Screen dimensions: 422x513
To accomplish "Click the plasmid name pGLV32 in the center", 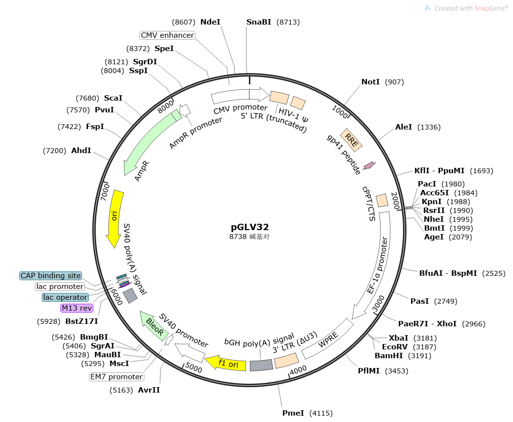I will pyautogui.click(x=250, y=227).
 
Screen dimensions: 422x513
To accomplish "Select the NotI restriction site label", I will pyautogui.click(x=371, y=82).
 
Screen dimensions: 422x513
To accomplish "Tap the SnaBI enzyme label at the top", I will pyautogui.click(x=259, y=22).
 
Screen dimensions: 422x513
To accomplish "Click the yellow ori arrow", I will pyautogui.click(x=115, y=218).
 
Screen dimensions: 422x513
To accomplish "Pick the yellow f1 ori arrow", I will pyautogui.click(x=225, y=364).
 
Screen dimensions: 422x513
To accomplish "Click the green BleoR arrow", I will pyautogui.click(x=154, y=325).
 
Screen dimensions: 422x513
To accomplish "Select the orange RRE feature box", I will pyautogui.click(x=351, y=140).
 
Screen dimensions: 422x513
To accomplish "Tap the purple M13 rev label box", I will pyautogui.click(x=76, y=308).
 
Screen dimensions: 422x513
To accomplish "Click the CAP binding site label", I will pyautogui.click(x=51, y=276).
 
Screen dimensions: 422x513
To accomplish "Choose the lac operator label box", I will pyautogui.click(x=65, y=297).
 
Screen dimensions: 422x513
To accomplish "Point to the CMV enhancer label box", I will pyautogui.click(x=167, y=35).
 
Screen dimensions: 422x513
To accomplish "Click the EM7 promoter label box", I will pyautogui.click(x=116, y=377).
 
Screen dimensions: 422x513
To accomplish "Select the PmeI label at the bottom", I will pyautogui.click(x=294, y=413).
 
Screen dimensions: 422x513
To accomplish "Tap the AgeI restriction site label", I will pyautogui.click(x=434, y=237).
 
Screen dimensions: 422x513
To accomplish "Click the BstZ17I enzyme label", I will pyautogui.click(x=81, y=321).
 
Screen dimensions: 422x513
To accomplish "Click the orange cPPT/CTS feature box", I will pyautogui.click(x=382, y=200).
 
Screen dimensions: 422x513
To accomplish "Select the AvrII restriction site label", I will pyautogui.click(x=149, y=390).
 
